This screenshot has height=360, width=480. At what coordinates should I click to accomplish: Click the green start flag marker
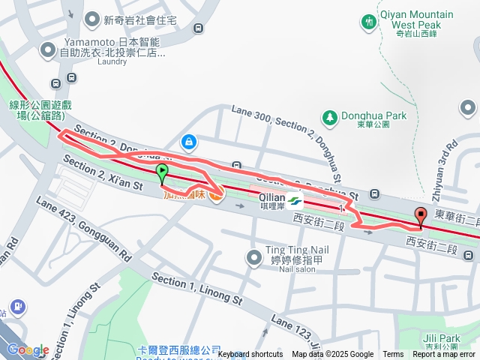(162, 174)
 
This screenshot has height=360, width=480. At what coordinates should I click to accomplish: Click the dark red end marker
(420, 216)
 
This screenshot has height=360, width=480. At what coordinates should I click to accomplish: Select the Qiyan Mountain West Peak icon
(369, 22)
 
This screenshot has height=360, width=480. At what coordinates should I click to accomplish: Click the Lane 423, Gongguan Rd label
(82, 230)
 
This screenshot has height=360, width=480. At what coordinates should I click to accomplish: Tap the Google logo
(28, 350)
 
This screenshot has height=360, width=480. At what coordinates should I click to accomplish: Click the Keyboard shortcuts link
(250, 355)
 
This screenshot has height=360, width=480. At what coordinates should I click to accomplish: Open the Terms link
(393, 355)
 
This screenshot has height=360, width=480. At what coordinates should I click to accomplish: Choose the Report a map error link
(444, 355)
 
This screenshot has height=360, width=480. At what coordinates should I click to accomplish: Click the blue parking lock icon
(188, 141)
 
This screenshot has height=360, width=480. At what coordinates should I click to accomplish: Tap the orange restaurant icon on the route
(216, 196)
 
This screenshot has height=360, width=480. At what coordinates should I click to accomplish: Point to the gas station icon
(16, 307)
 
